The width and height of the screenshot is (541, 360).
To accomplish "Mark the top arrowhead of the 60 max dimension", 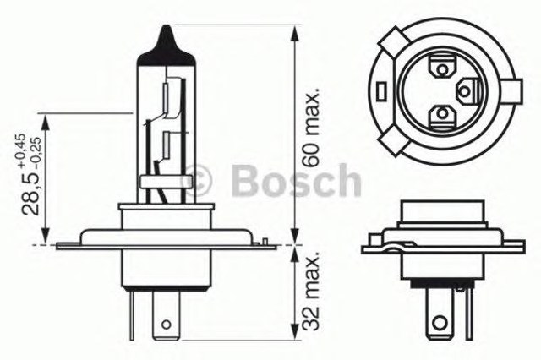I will point(294,32).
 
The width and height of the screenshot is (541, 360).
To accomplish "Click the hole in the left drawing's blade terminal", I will point(167,322).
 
